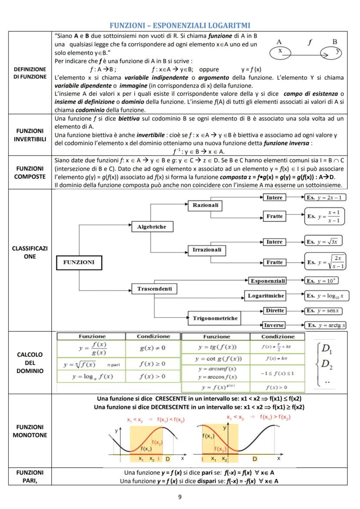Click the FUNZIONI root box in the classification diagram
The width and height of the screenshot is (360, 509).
pyautogui.click(x=79, y=263)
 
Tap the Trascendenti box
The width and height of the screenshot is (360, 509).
pyautogui.click(x=154, y=289)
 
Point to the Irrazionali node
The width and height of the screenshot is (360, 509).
pyautogui.click(x=207, y=250)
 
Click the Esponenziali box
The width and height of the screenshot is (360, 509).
pyautogui.click(x=268, y=281)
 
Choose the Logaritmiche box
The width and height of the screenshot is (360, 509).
pyautogui.click(x=266, y=296)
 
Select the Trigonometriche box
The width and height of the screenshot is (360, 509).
pyautogui.click(x=215, y=318)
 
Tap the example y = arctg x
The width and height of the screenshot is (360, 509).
pyautogui.click(x=325, y=325)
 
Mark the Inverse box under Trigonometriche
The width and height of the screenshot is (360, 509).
pyautogui.click(x=274, y=325)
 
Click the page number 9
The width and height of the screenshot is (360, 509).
pyautogui.click(x=180, y=497)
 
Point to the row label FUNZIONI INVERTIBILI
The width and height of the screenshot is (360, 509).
pyautogui.click(x=30, y=135)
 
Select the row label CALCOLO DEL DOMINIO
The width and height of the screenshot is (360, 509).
pyautogui.click(x=30, y=363)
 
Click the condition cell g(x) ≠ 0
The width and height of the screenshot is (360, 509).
pyautogui.click(x=153, y=348)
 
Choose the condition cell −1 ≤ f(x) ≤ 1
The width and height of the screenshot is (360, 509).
pyautogui.click(x=277, y=373)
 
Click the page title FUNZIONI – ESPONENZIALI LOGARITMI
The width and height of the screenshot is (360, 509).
pyautogui.click(x=180, y=25)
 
